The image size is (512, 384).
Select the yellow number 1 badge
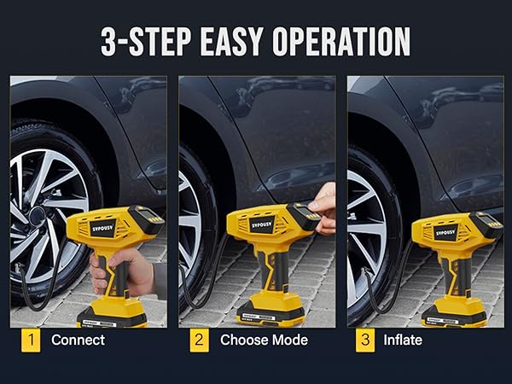[x=30, y=340]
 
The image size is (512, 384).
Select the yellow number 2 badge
[x=199, y=340]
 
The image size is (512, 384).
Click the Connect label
[x=78, y=340]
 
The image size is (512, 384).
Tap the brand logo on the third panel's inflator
[x=445, y=231]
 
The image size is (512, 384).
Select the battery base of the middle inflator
[x=271, y=312]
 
